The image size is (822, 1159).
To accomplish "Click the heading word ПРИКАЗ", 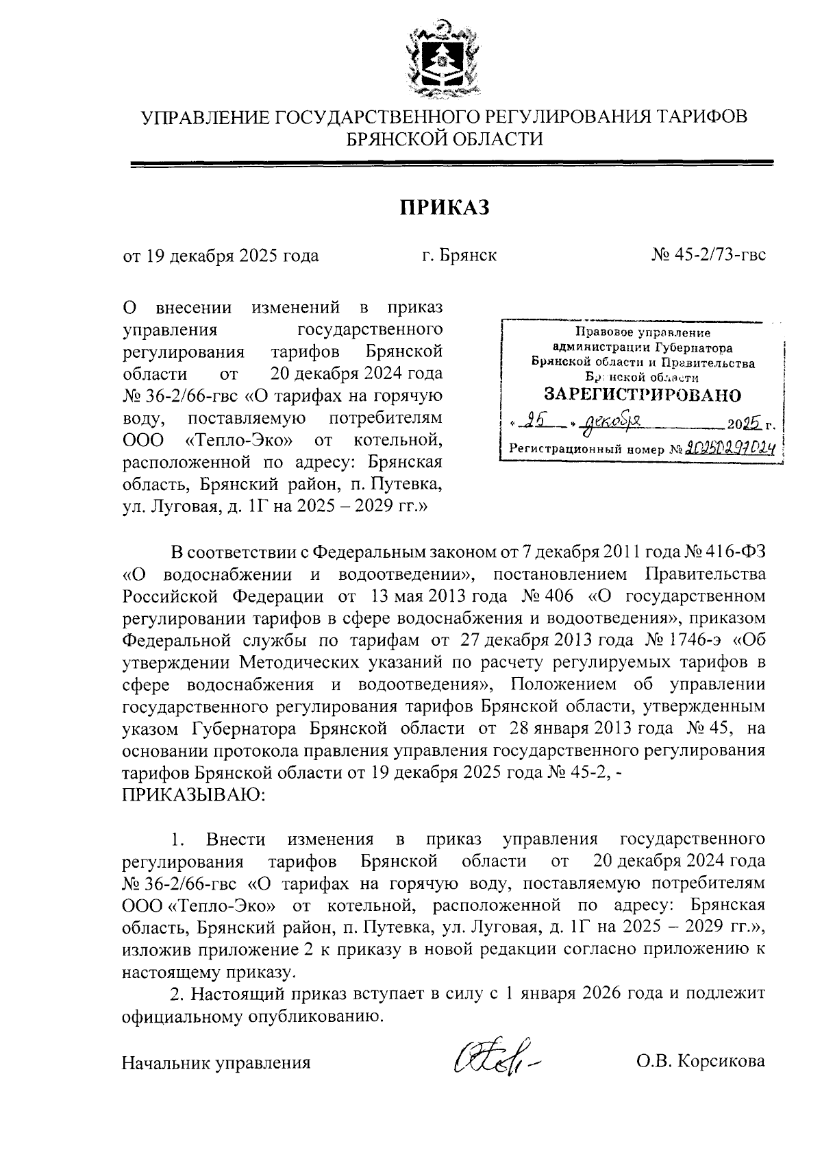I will click(x=445, y=208).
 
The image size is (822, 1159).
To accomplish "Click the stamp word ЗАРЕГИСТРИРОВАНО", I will click(x=642, y=395).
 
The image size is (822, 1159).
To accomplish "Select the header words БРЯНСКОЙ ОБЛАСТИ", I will click(x=445, y=139).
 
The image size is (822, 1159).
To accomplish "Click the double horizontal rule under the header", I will click(x=451, y=163).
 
